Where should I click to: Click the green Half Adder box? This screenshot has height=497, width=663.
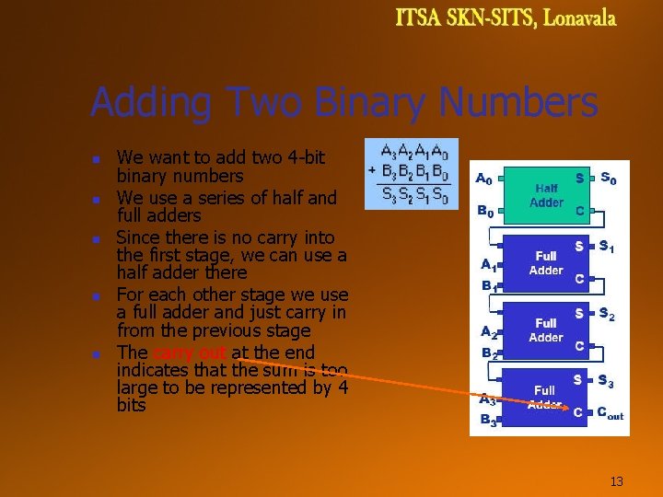tap(547, 194)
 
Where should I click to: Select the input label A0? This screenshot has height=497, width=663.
tap(483, 179)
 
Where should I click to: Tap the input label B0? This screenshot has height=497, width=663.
tap(484, 212)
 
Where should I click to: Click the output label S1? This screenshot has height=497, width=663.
tap(608, 246)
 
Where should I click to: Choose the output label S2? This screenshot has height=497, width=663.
tap(608, 315)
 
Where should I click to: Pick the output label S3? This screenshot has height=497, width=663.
tap(606, 380)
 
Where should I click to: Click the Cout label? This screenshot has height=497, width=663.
tap(610, 414)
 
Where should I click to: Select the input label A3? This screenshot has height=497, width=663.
tap(487, 399)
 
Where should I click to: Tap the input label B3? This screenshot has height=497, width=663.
tap(487, 421)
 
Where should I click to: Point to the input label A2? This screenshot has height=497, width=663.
tap(489, 331)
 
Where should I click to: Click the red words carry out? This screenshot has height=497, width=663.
tap(189, 353)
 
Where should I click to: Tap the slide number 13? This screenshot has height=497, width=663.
tap(617, 481)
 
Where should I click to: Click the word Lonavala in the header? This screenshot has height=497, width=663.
tap(579, 18)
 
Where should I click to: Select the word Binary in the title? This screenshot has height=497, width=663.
tap(370, 103)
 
